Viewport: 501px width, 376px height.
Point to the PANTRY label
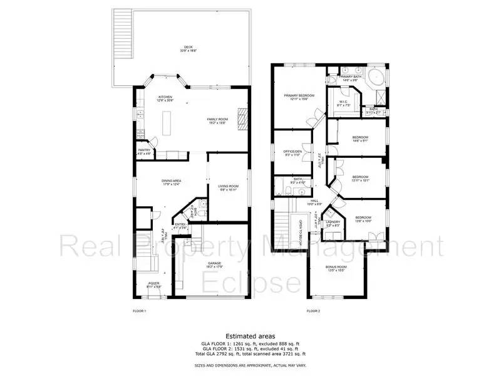coord(144,150)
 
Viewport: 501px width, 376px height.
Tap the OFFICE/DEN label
coord(292,152)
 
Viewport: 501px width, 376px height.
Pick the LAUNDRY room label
coord(332,222)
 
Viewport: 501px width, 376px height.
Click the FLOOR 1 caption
coord(139,311)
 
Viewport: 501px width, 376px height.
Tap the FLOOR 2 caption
coord(313,311)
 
